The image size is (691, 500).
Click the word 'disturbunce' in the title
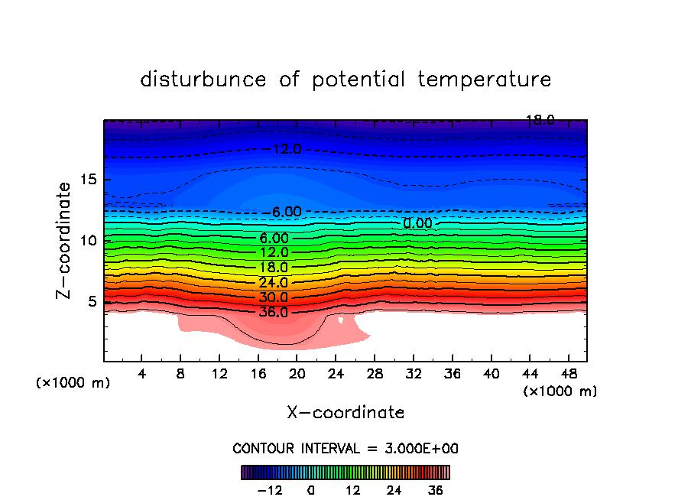click(203, 80)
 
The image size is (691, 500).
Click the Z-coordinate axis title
click(65, 239)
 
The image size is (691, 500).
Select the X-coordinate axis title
click(345, 413)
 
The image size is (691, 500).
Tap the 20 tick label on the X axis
click(297, 374)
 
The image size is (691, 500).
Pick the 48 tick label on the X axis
click(567, 374)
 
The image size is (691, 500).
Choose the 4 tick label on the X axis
click(142, 374)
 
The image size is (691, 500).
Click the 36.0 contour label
click(273, 312)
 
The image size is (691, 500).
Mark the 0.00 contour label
click(417, 223)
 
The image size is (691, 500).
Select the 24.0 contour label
click(273, 282)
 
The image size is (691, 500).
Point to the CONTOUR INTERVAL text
click(345, 448)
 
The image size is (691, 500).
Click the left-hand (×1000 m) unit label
click(73, 383)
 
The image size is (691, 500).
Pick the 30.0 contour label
click(273, 297)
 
